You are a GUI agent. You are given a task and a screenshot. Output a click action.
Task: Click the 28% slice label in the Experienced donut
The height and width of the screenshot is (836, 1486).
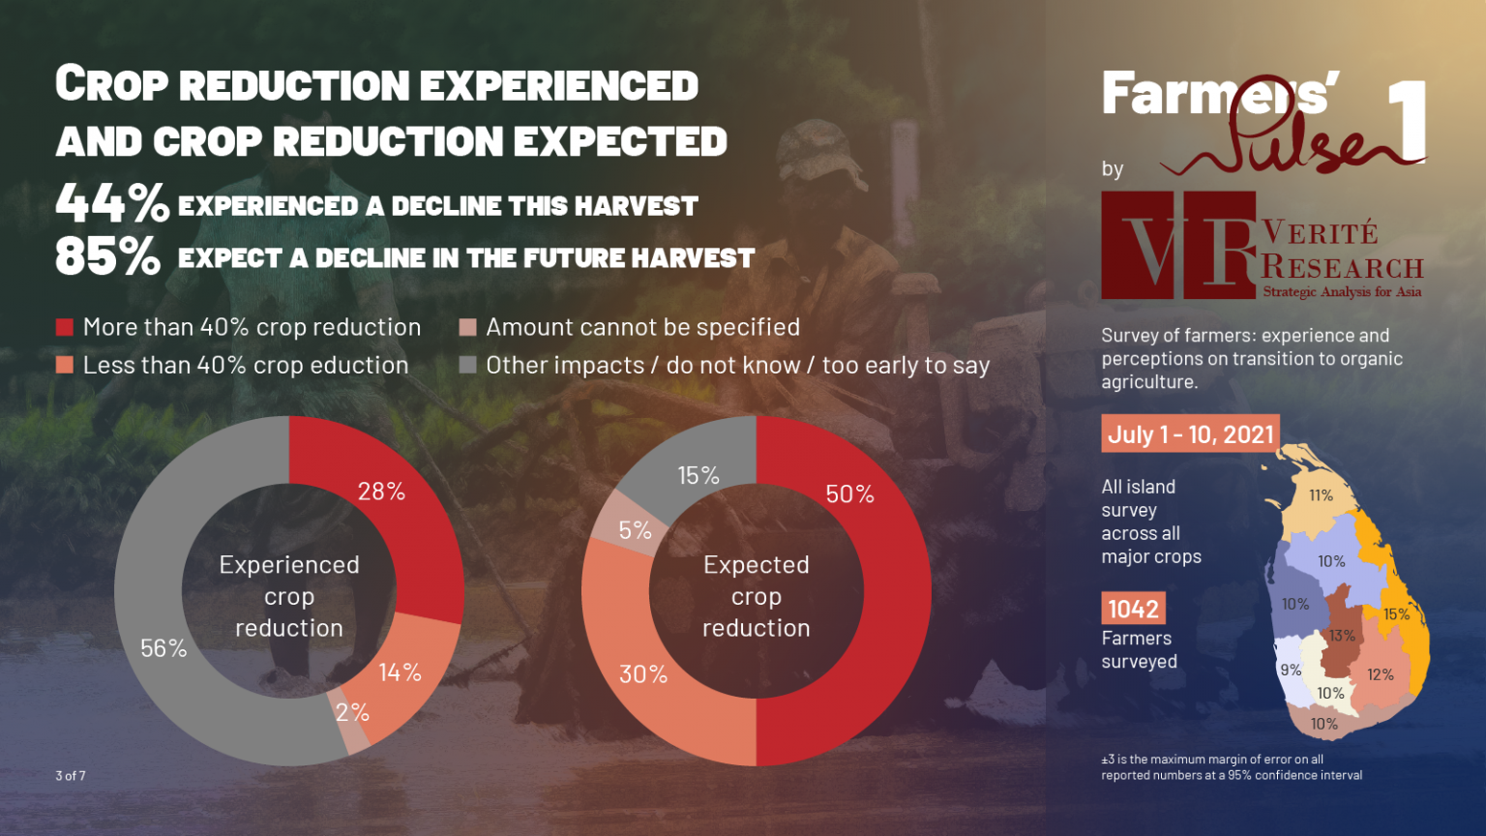[x=381, y=492]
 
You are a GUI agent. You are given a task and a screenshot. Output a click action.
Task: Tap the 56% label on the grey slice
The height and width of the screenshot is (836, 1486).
[x=163, y=648]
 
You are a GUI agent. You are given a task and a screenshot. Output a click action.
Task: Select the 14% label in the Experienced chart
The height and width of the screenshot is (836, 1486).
[x=400, y=672]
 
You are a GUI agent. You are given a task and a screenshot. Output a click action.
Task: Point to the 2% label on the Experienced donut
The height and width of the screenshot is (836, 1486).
[x=352, y=713]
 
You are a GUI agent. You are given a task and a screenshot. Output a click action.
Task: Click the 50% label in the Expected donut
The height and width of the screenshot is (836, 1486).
[x=849, y=494]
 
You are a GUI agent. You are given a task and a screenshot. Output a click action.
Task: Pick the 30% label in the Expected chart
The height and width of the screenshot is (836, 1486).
[x=643, y=674]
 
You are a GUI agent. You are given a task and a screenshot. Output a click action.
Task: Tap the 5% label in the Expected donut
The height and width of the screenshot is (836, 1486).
[x=635, y=530]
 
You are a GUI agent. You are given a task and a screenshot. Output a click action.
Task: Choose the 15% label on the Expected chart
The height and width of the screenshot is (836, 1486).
[x=698, y=476]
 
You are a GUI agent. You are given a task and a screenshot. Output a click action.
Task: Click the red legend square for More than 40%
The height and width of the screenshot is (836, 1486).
[x=65, y=327]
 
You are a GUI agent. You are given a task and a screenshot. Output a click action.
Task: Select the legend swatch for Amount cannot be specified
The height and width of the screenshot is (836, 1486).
[x=468, y=327]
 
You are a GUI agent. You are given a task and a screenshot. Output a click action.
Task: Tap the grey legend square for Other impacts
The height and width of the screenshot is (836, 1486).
[x=468, y=365]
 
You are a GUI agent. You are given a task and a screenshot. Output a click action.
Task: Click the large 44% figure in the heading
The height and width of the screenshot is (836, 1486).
[x=112, y=203]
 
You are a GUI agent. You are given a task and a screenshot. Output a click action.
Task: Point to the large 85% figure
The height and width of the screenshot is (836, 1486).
[x=107, y=256]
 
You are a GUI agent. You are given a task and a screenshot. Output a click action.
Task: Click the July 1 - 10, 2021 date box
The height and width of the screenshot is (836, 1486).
[x=1190, y=433]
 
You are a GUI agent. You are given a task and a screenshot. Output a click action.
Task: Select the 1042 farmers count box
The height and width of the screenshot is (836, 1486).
[x=1133, y=609]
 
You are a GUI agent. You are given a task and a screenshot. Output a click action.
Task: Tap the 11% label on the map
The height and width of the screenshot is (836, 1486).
[x=1321, y=495]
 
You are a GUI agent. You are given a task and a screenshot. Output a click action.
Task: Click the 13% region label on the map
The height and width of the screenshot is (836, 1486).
[x=1342, y=636]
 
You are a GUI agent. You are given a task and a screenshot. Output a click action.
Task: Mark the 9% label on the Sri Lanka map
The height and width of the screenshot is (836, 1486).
[x=1291, y=670]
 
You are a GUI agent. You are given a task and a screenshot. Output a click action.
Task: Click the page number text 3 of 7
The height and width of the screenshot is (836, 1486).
[x=71, y=775]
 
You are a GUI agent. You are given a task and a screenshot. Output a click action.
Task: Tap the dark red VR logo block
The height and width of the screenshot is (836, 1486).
[x=1178, y=245]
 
